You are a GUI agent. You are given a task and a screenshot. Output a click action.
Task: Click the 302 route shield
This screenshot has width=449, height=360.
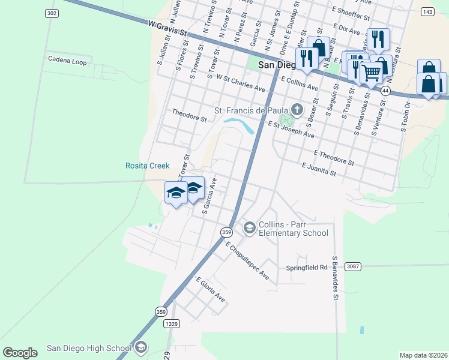[x=52, y=13]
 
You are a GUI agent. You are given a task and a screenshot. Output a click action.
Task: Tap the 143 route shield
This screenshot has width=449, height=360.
[x=427, y=11]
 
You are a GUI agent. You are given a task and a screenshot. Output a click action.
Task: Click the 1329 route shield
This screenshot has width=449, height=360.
[x=171, y=324]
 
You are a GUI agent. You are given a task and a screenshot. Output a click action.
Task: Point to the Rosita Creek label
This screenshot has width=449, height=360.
[x=147, y=166]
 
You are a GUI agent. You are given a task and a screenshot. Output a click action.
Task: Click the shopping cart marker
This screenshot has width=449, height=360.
[x=372, y=73]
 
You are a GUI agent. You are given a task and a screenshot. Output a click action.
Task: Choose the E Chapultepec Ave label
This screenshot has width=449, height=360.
[x=247, y=260]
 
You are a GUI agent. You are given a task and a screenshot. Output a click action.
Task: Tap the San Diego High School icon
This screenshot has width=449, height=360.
[x=141, y=347]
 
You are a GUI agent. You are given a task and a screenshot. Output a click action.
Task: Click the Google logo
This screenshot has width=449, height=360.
[x=20, y=353]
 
